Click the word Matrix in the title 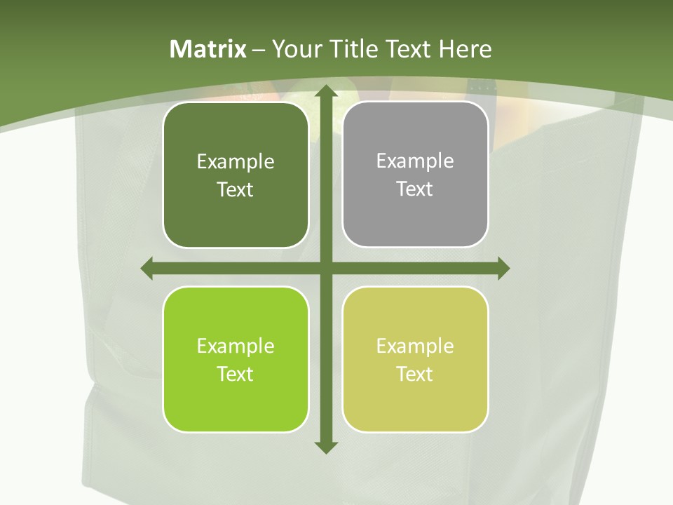208,49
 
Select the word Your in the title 297,49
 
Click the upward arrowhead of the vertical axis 326,91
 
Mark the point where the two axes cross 326,268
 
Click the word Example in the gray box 415,161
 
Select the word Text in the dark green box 235,189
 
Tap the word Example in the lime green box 236,346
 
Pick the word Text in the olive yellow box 414,374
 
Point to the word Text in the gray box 414,189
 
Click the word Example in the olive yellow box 415,346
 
